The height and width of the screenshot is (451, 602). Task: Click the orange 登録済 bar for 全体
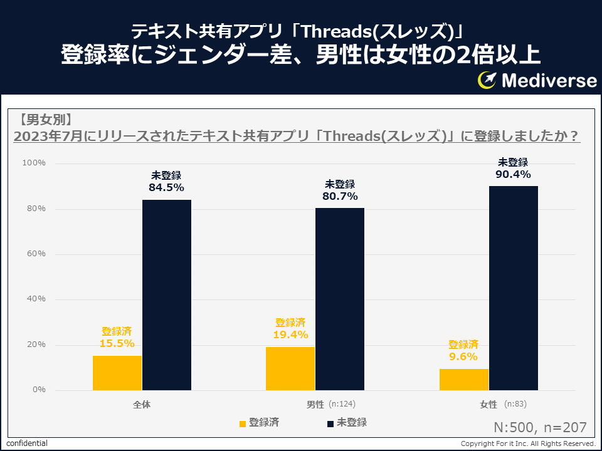117,373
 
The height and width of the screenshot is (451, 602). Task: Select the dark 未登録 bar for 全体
167,295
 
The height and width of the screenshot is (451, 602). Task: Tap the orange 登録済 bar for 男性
290,368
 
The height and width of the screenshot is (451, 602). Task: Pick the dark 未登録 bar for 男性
340,299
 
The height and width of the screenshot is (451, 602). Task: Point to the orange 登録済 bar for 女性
463,380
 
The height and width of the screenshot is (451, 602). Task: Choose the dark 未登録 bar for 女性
513,288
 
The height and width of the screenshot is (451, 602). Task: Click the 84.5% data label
166,187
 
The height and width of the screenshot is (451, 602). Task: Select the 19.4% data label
290,334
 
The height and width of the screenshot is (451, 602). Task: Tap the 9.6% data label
463,356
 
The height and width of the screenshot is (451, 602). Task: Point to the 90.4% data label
513,174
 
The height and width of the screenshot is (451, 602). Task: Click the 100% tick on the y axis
34,163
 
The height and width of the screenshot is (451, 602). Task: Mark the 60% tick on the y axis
36,254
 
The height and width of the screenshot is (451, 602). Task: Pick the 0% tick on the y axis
38,390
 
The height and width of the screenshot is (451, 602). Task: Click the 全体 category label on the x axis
142,405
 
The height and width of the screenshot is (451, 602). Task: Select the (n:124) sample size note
342,404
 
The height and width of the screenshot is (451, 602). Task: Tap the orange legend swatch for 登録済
243,423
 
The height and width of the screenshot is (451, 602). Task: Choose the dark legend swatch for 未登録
330,423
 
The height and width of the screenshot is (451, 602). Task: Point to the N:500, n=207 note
540,427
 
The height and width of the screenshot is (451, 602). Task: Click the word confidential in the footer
27,443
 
